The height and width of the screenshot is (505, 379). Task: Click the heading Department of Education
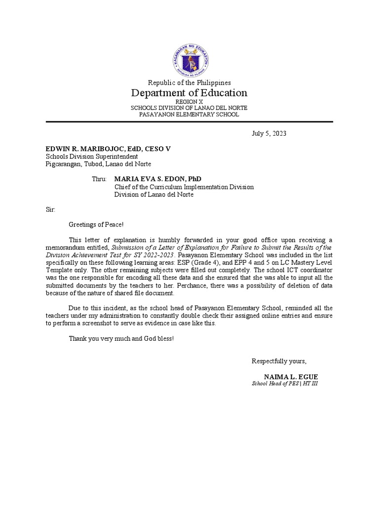[x=189, y=93]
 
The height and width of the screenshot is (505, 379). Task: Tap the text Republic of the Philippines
[x=189, y=82]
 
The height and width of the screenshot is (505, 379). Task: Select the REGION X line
[x=189, y=101]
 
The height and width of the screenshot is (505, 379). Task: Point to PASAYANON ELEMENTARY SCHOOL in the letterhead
[x=189, y=114]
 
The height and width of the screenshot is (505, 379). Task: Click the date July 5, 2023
[x=269, y=134]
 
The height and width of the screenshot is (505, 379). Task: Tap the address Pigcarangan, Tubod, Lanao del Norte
[x=98, y=164]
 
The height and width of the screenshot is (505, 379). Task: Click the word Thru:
[x=99, y=179]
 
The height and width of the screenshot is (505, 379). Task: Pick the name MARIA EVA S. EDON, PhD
[x=158, y=179]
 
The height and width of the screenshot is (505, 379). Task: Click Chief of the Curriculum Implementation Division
[x=184, y=187]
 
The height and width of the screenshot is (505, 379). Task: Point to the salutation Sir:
[x=50, y=210]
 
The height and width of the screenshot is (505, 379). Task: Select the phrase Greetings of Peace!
[x=93, y=225]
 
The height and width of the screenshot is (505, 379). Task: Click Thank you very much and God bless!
[x=121, y=339]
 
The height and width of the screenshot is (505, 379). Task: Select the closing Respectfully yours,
[x=279, y=361]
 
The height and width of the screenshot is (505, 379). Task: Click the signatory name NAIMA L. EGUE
[x=291, y=377]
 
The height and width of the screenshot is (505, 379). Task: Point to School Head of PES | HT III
[x=285, y=383]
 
